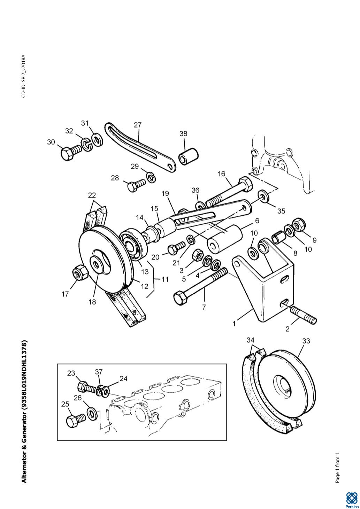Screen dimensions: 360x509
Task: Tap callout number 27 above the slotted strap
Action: pos(138,125)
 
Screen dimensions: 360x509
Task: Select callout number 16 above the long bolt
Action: pos(221,174)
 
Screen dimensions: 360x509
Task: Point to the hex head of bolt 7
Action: pos(180,298)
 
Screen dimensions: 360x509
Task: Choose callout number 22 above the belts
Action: pos(92,195)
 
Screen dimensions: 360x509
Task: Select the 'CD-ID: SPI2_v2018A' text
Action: pos(24,76)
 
